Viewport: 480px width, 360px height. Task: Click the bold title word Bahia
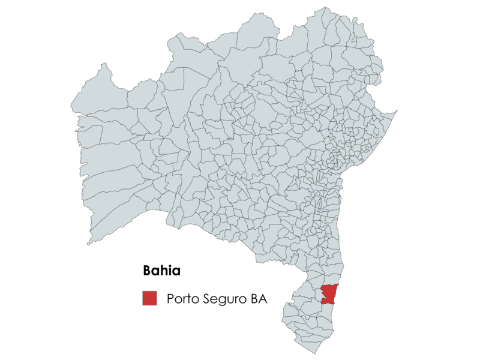coord(161,271)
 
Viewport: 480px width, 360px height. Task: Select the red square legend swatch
coord(149,298)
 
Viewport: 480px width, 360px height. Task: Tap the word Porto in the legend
coord(182,298)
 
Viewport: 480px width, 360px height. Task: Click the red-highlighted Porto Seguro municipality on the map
coord(330,293)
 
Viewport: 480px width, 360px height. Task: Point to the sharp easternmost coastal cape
coord(397,111)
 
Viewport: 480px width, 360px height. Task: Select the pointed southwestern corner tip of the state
coord(89,244)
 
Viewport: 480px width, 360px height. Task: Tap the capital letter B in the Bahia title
coord(148,271)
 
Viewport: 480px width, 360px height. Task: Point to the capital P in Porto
coord(171,298)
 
